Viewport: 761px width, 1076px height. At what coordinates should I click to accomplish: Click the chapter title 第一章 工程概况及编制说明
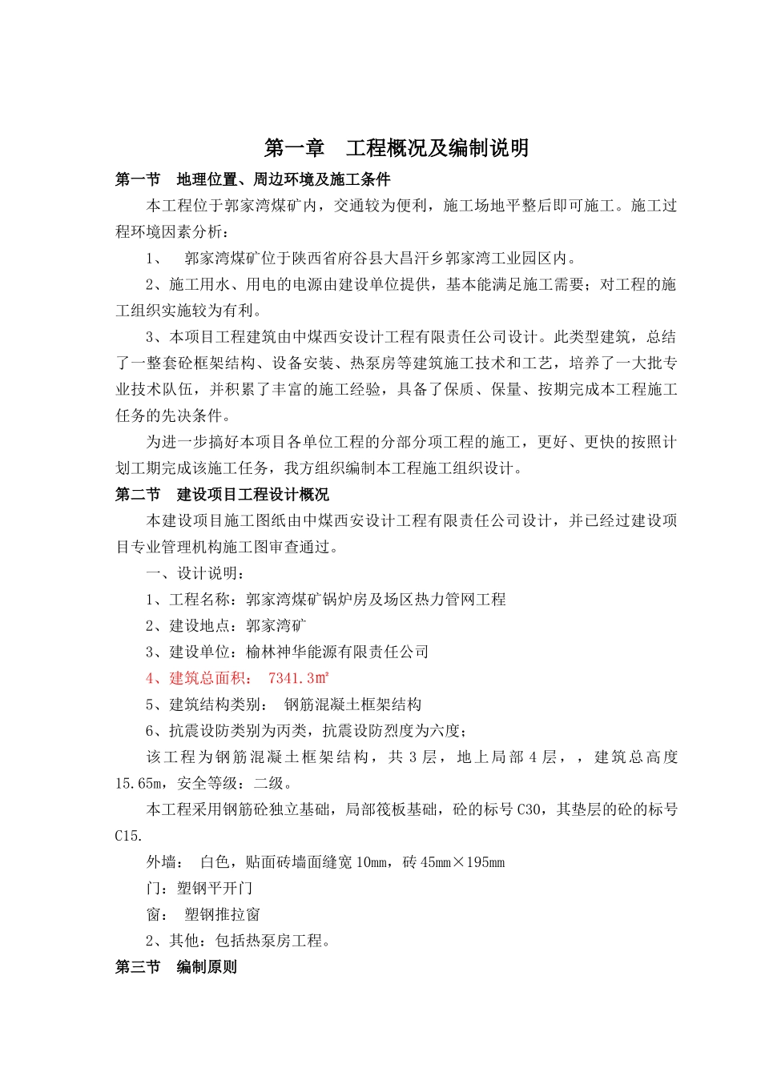tap(397, 148)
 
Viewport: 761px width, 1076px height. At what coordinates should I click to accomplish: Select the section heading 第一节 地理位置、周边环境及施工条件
tap(252, 179)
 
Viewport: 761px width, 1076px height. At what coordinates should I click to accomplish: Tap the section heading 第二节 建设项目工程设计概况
tap(222, 495)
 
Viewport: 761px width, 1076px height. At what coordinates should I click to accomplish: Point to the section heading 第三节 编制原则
tap(175, 967)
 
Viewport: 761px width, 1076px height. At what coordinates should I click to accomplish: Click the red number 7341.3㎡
tap(298, 678)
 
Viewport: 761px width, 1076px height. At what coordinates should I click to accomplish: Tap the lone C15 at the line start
tap(128, 836)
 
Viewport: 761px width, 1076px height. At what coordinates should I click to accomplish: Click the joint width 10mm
tap(370, 862)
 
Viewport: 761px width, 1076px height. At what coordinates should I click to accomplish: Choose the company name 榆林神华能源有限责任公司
tap(337, 652)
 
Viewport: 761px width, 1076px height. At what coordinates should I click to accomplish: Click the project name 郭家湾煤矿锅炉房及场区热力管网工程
tap(376, 600)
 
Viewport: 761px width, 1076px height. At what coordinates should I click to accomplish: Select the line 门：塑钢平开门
tap(199, 889)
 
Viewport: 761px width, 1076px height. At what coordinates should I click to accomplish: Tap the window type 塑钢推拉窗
tap(222, 914)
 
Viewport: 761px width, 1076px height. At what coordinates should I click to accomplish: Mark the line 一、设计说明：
tap(195, 573)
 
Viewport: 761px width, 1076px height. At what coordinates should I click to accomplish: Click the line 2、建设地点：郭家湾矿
tap(226, 625)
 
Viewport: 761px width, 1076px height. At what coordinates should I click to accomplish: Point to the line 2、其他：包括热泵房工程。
tap(238, 941)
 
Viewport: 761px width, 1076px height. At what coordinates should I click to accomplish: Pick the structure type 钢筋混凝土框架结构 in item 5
tap(352, 705)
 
